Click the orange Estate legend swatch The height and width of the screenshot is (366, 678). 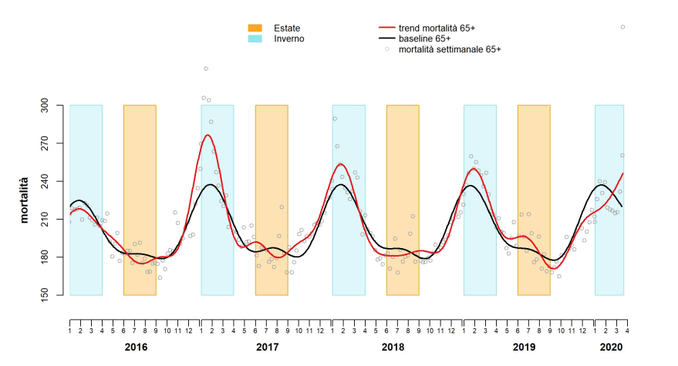[x=255, y=28]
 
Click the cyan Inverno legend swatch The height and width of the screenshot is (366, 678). [x=255, y=38]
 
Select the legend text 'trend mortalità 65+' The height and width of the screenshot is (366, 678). [x=437, y=28]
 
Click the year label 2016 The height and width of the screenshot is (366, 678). [x=136, y=348]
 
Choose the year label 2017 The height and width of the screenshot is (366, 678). [x=267, y=348]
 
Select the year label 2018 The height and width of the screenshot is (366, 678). [x=393, y=348]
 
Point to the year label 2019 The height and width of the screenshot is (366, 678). [x=524, y=348]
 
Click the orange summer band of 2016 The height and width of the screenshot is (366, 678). [x=140, y=200]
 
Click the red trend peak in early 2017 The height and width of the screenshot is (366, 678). [x=208, y=136]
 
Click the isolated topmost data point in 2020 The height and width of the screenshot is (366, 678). [x=622, y=27]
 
